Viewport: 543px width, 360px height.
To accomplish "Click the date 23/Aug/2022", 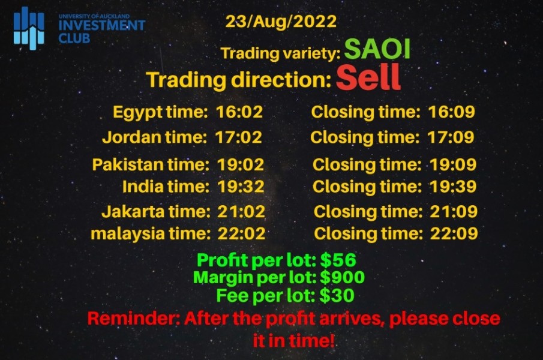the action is [281, 22].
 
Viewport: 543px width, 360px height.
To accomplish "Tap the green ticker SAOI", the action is [377, 49].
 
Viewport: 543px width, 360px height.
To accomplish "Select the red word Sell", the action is [368, 77].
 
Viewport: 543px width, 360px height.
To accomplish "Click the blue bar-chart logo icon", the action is [29, 28].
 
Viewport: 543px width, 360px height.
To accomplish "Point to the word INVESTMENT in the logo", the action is [102, 25].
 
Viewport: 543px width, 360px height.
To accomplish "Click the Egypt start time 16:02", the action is [239, 112].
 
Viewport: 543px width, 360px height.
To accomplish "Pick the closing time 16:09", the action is [452, 112].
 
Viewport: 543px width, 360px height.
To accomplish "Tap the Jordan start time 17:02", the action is [239, 137].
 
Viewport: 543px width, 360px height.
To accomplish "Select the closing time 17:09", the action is [451, 137].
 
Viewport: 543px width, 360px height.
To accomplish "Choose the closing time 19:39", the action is [453, 187].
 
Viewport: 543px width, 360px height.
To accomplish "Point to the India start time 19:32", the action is [241, 187].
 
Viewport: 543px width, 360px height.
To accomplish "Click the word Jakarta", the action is [133, 211].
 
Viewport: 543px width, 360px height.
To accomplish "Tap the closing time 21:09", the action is [454, 211].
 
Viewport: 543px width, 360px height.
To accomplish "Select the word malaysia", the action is [127, 234].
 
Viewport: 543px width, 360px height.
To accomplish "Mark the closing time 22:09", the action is [454, 233].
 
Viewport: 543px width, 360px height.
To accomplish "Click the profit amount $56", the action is [338, 260].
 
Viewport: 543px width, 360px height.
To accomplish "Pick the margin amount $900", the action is [342, 277].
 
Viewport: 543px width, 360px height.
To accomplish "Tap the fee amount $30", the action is [337, 296].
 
